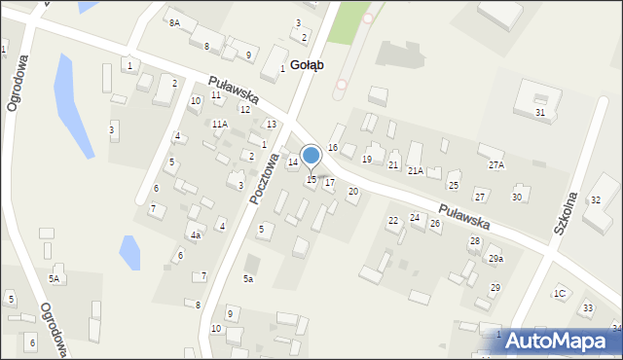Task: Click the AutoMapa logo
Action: point(561,342)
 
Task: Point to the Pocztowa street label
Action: point(264,178)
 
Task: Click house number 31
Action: point(539,113)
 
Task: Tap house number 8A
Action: point(174,22)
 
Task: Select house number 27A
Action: point(496,165)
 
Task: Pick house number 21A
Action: point(416,171)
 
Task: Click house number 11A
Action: point(220,124)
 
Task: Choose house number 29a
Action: point(496,259)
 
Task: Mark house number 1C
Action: point(560,293)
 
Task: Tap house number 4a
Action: point(196,235)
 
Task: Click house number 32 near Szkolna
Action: point(596,199)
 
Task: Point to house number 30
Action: point(517,197)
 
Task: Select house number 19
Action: point(367,159)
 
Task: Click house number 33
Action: point(587,308)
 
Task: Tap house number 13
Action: point(272,124)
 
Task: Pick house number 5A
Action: point(55,279)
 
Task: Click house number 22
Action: point(393,221)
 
